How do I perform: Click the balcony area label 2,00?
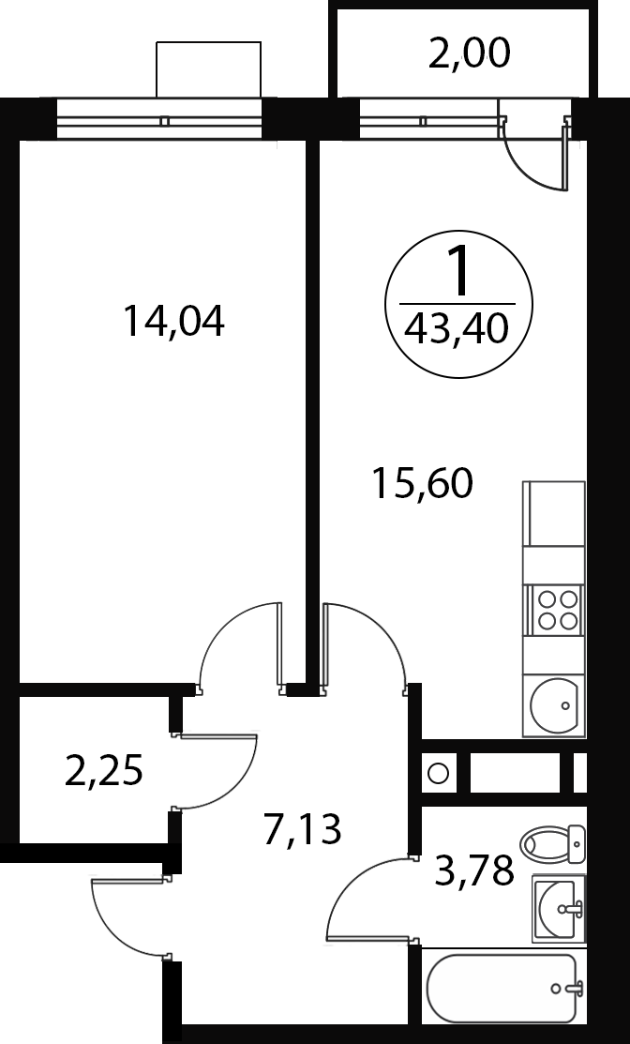469,53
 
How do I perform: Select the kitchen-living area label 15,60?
423,483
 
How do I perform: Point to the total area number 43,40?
459,329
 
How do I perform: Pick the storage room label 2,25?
104,772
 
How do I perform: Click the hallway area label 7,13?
303,829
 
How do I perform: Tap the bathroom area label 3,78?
474,870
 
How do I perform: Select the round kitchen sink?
553,706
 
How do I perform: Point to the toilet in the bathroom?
553,845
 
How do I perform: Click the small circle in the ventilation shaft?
438,774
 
